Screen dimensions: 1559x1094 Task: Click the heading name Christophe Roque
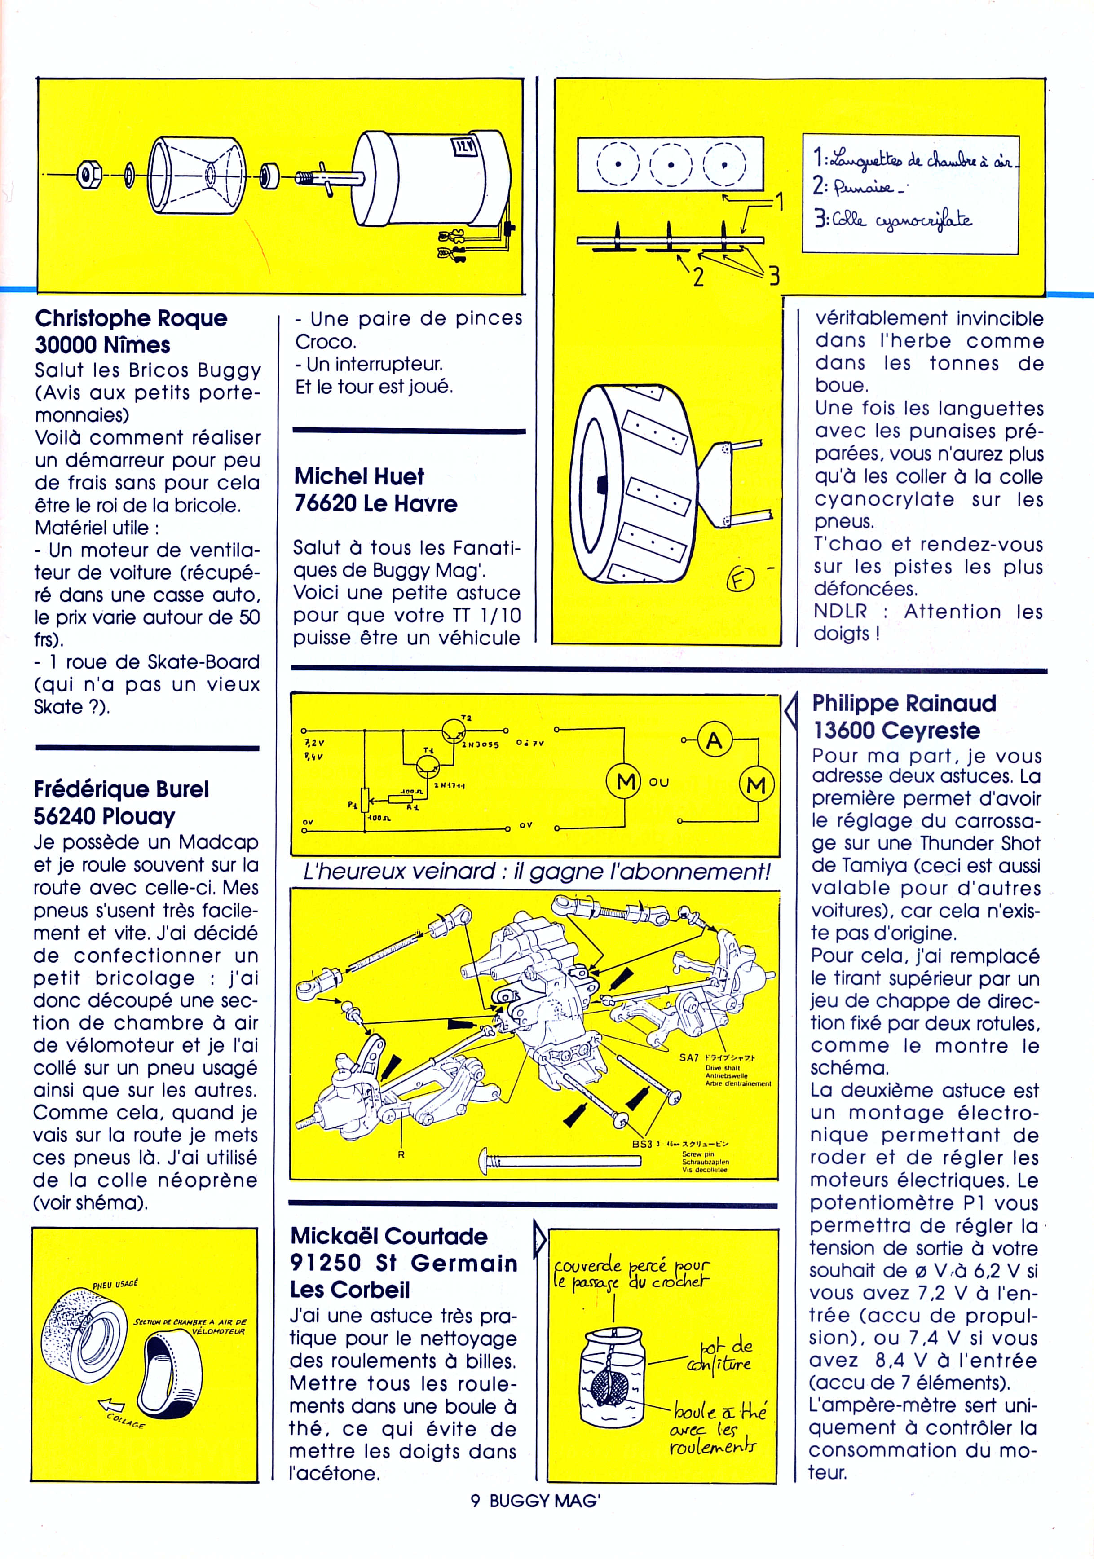[x=131, y=318]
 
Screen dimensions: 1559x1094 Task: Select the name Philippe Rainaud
[x=904, y=704]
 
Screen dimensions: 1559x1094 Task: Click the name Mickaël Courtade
[x=388, y=1236]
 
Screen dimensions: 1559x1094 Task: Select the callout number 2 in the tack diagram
[x=697, y=276]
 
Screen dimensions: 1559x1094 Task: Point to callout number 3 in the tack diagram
[x=773, y=276]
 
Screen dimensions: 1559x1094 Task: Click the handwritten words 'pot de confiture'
[x=721, y=1356]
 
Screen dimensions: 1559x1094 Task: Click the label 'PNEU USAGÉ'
[x=115, y=1285]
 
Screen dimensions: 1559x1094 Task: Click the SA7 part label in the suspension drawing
[x=688, y=1057]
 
